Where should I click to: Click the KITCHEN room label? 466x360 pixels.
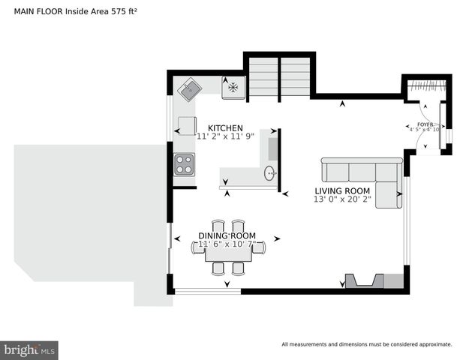[225, 127]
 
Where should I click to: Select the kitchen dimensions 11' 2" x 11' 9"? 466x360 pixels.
[225, 136]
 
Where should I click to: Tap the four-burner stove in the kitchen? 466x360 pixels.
[185, 164]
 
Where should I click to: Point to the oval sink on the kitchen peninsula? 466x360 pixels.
[269, 174]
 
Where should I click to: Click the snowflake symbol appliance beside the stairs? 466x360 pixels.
[233, 87]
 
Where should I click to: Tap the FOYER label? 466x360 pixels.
[425, 124]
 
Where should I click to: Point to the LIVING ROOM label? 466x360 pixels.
[342, 190]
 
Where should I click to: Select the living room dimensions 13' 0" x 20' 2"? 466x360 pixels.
[342, 199]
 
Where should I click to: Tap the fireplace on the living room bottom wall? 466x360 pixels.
[363, 281]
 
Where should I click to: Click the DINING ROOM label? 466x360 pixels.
[227, 235]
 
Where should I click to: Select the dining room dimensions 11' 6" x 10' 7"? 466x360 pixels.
[227, 244]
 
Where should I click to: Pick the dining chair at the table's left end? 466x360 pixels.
[198, 248]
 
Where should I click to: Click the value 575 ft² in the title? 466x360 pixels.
[120, 11]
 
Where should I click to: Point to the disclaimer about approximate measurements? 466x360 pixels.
[366, 344]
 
